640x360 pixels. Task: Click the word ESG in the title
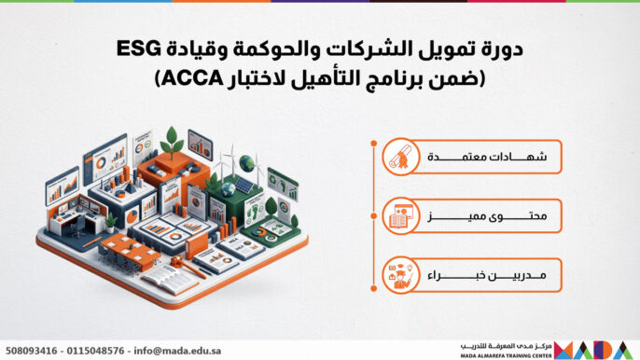click(138, 49)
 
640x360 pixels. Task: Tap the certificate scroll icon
click(401, 157)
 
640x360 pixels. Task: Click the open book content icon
click(401, 216)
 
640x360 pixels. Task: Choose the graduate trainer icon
click(401, 275)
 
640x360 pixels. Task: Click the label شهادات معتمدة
click(487, 157)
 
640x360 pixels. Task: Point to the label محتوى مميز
click(487, 216)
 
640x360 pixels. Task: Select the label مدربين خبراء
click(487, 275)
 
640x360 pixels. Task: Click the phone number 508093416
click(32, 351)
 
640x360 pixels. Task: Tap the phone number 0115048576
click(95, 351)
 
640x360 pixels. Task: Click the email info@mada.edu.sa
click(177, 351)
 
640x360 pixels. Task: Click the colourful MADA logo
click(594, 350)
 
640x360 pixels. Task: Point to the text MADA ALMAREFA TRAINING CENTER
click(506, 356)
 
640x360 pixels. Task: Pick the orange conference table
click(130, 249)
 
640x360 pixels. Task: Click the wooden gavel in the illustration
click(187, 265)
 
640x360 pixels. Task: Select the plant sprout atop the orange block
click(172, 142)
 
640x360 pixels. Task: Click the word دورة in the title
click(505, 49)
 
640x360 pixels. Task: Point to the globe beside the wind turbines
click(246, 163)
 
